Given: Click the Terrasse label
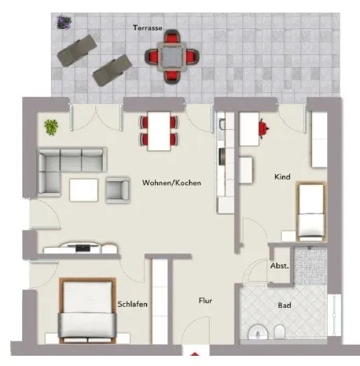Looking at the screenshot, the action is point(148,28).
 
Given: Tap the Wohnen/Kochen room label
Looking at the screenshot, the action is point(171,183).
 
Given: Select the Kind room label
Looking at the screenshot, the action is point(282,176).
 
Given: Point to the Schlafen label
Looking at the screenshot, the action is point(132,304).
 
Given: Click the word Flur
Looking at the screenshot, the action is point(205,301).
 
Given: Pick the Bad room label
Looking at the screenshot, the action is point(285,305).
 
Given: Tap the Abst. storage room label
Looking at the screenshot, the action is point(280,266).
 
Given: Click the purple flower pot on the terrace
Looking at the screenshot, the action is point(64,22).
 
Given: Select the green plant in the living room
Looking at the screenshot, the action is point(51,128).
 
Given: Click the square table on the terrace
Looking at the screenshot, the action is point(172,57).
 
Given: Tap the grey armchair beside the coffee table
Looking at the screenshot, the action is point(118,190).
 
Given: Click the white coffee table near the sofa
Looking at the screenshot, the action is point(84,190).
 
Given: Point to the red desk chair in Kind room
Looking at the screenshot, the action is point(263,128).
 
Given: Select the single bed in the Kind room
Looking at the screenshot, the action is point(311,212).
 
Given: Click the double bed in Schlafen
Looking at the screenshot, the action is point(87,310).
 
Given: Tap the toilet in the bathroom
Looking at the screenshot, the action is point(279,331).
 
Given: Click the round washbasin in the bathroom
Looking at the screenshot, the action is point(258,331).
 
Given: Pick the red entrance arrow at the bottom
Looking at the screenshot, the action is point(194,354).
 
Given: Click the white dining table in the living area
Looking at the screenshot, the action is point(159,131).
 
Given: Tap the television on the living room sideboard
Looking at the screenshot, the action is point(83,247).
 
